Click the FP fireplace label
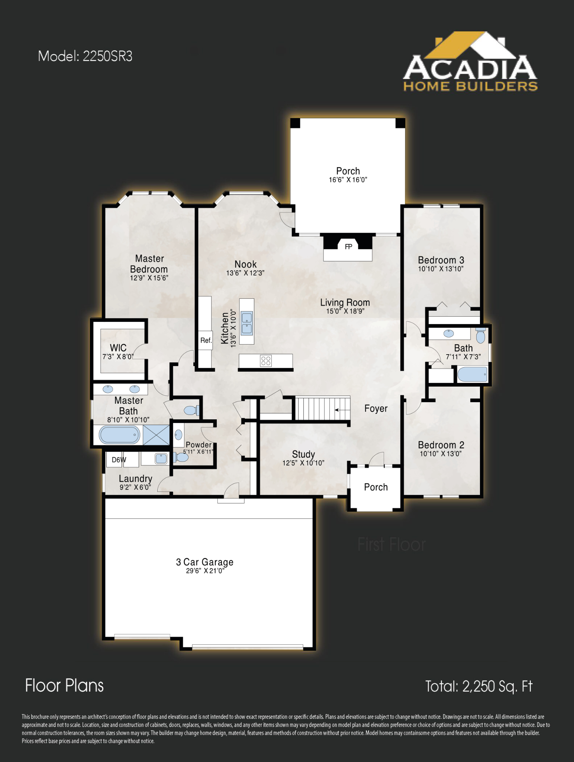click(x=348, y=247)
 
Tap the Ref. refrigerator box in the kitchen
click(x=206, y=340)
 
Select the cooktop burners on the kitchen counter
click(x=266, y=361)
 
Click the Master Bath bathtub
click(x=119, y=435)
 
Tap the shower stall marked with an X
click(x=156, y=435)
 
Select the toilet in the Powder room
click(x=181, y=457)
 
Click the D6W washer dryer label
click(x=119, y=460)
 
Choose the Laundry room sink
click(x=161, y=459)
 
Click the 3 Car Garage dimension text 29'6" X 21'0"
click(x=205, y=571)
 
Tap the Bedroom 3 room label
click(x=441, y=260)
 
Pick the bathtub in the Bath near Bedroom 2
click(x=472, y=374)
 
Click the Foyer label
click(x=376, y=409)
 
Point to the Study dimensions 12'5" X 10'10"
click(x=303, y=463)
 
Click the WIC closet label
click(x=118, y=348)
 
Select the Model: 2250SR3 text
click(x=85, y=56)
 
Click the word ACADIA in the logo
click(x=470, y=68)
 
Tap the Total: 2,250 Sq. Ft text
click(x=478, y=686)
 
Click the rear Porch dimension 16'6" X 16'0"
click(x=348, y=180)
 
